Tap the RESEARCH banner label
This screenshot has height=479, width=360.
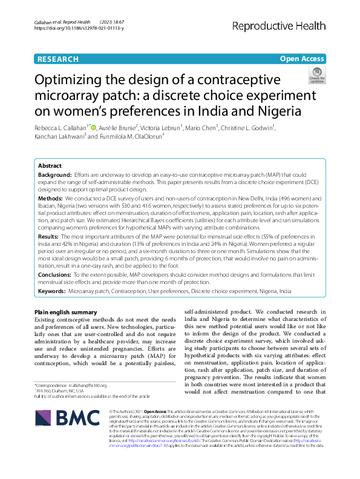57,59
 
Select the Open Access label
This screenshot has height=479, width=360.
301,59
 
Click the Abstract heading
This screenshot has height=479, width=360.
50,165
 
